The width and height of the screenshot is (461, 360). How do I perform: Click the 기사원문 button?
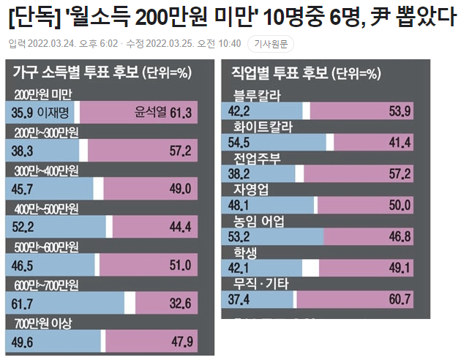click(271, 44)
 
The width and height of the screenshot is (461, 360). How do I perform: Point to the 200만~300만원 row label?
click(48, 132)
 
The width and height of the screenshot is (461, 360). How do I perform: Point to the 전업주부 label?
click(258, 158)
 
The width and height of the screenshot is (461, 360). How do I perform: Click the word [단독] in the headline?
click(28, 16)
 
